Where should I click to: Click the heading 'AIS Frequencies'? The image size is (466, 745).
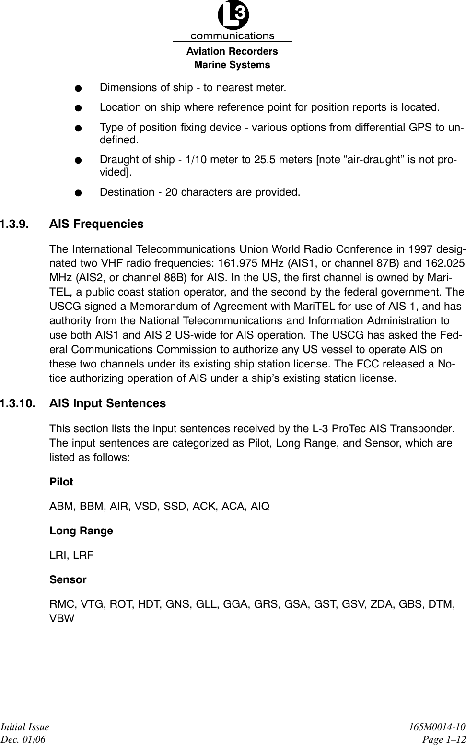coord(96,224)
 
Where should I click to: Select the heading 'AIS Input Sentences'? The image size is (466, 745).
coord(108,403)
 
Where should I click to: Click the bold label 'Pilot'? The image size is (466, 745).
coord(61,482)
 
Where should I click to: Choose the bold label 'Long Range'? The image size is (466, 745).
coord(82,531)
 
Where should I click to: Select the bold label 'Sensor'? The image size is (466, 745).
coord(68,580)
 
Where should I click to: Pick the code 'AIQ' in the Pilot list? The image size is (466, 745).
coord(260,507)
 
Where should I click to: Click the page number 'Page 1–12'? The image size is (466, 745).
coord(444,739)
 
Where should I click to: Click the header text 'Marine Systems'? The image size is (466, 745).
coord(232,65)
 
